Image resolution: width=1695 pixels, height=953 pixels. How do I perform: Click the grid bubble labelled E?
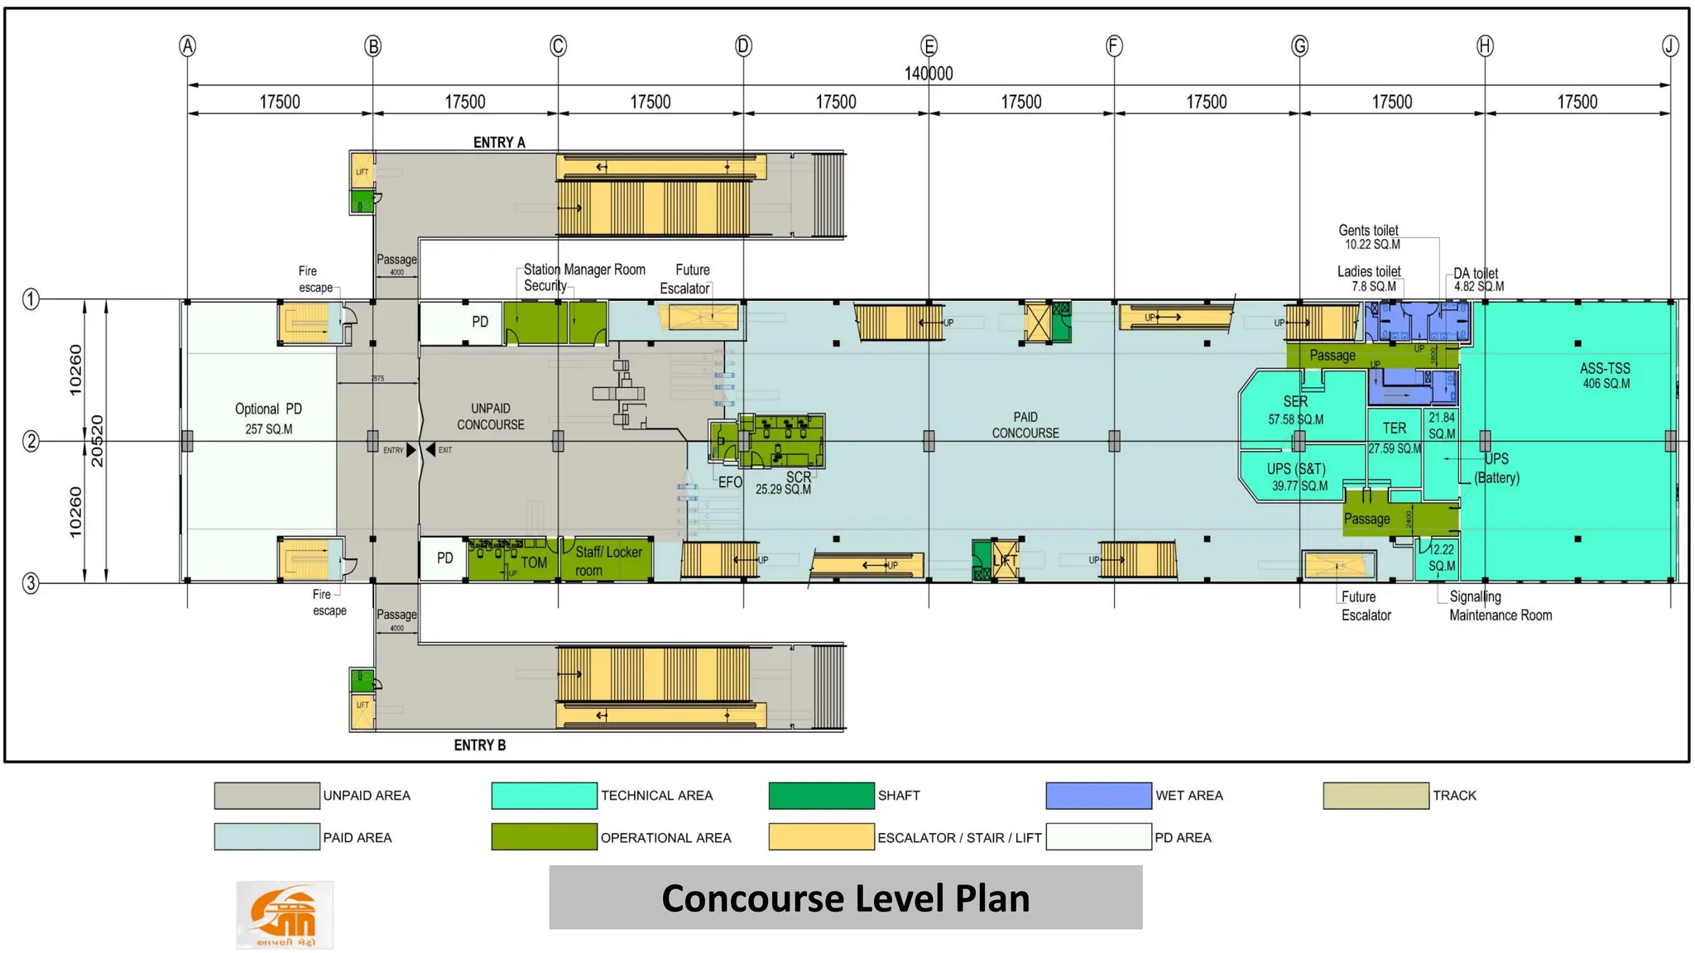(x=929, y=46)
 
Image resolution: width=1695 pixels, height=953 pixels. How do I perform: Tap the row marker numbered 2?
(x=31, y=441)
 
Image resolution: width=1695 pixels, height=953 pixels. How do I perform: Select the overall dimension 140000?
(x=928, y=74)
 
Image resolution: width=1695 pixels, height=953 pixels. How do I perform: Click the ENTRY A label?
(x=499, y=142)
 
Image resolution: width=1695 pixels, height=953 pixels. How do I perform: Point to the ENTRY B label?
(x=479, y=745)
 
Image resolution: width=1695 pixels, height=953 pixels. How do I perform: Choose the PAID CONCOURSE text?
(x=1025, y=425)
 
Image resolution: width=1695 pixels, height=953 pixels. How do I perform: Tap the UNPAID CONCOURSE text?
(x=491, y=417)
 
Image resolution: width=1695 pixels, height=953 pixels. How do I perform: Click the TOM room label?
(x=534, y=563)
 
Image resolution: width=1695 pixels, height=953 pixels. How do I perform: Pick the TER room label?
(x=1394, y=429)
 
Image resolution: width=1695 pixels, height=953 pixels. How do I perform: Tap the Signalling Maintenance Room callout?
(x=1500, y=606)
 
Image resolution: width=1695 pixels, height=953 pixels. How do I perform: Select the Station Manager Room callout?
(x=583, y=270)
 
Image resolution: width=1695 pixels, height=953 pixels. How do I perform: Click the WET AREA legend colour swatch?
(x=1097, y=796)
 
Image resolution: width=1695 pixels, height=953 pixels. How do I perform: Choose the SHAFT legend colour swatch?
(x=820, y=796)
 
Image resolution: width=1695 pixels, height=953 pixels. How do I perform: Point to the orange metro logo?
(x=284, y=914)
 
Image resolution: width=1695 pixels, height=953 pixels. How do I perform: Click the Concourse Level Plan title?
(x=845, y=898)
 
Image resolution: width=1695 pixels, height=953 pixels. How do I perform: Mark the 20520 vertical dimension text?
(x=97, y=441)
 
